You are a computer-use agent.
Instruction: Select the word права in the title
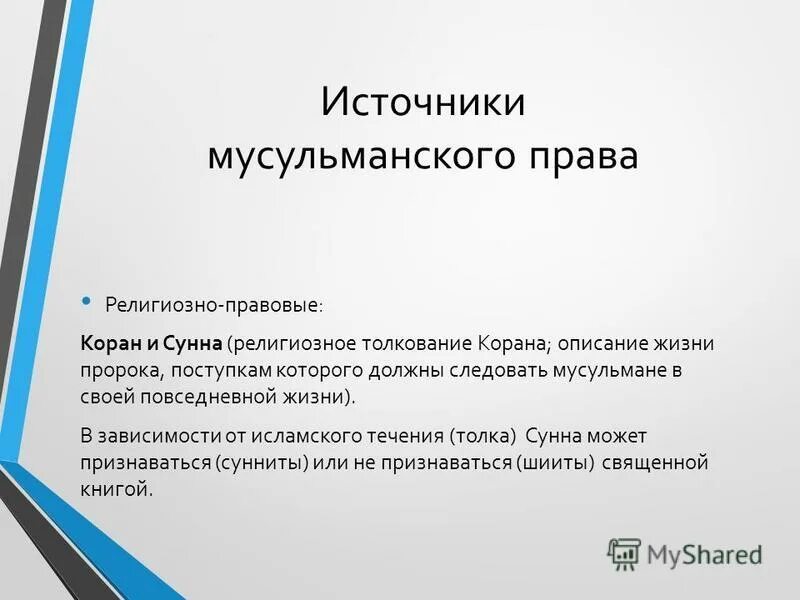tap(581, 158)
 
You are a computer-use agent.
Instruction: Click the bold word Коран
tap(111, 344)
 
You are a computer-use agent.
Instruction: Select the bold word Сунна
tap(190, 344)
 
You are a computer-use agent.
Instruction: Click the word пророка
tap(117, 370)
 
